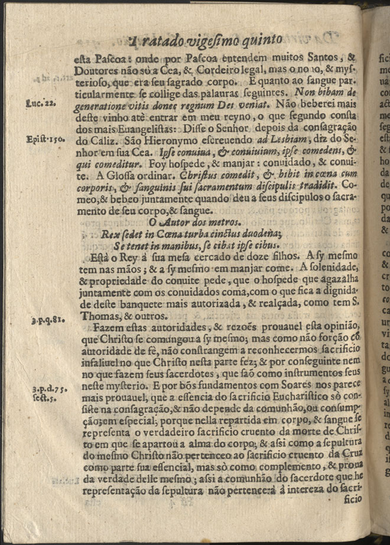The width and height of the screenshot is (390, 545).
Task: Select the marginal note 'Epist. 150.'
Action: pyautogui.click(x=41, y=140)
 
